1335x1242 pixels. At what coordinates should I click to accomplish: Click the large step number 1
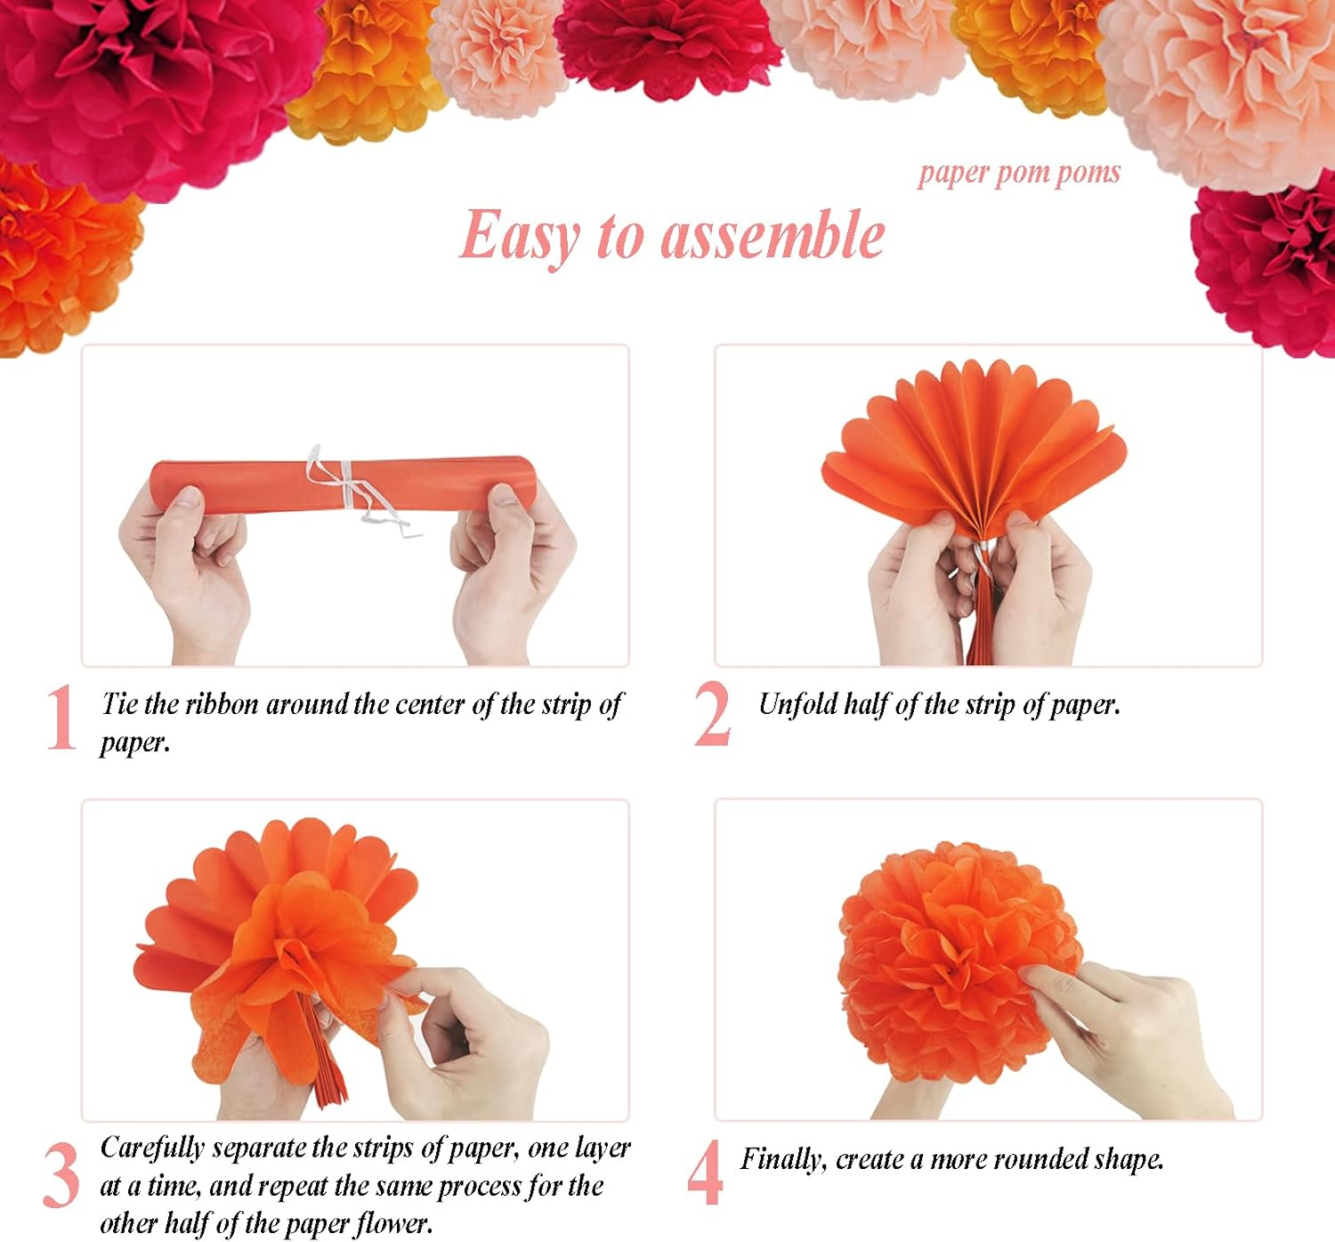[x=61, y=717]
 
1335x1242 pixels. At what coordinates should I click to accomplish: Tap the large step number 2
[x=712, y=715]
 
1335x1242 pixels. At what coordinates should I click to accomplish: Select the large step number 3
[x=61, y=1176]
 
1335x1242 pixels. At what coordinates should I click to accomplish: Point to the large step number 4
[x=704, y=1173]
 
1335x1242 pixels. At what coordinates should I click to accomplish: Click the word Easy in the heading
[x=520, y=236]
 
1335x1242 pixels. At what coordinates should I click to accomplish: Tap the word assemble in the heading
[x=773, y=236]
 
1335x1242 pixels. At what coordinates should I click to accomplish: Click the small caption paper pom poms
[x=1019, y=173]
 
